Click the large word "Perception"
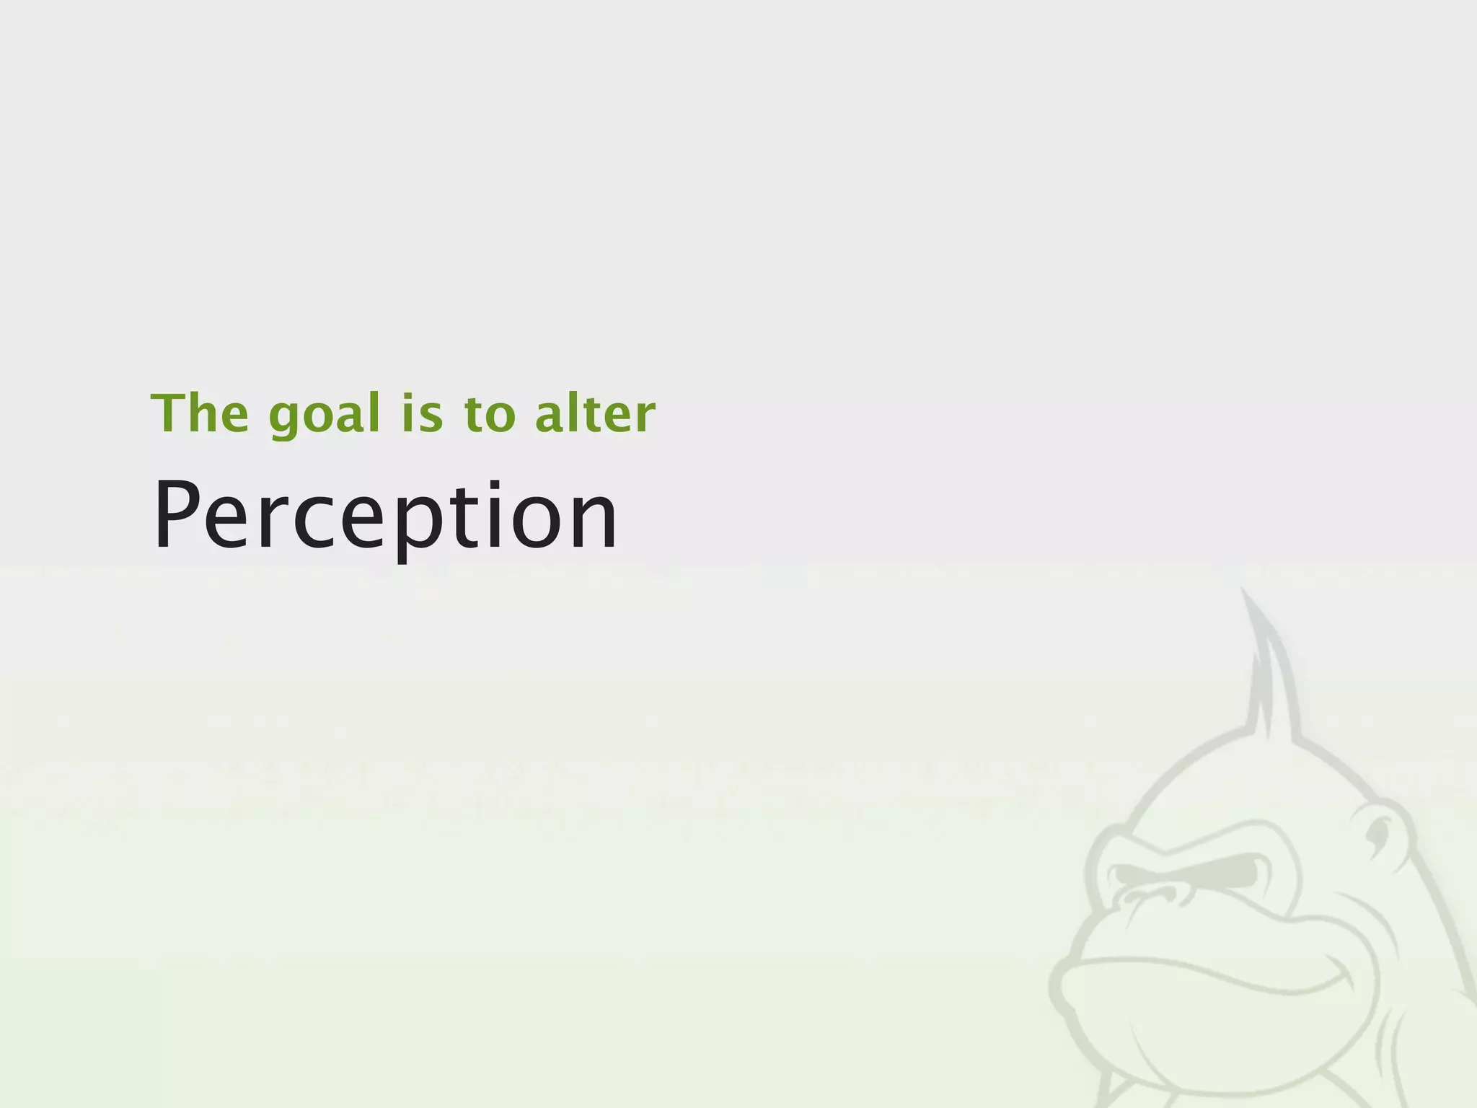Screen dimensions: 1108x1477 [x=386, y=516]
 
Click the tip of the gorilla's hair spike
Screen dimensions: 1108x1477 [x=1242, y=590]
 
